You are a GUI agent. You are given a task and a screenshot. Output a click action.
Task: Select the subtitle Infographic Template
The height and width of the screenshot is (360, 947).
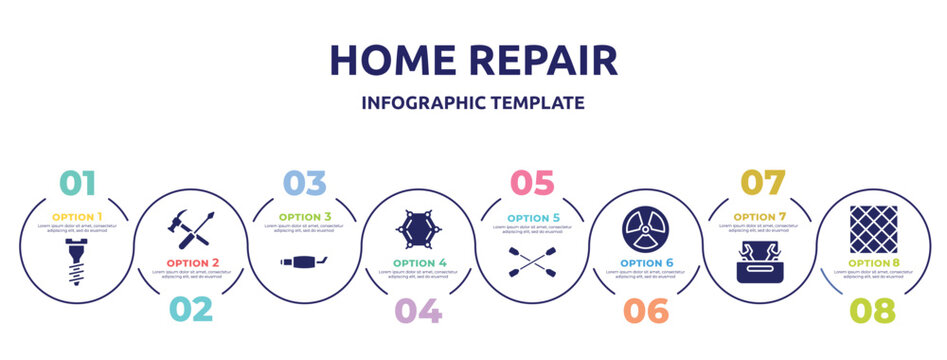point(473,103)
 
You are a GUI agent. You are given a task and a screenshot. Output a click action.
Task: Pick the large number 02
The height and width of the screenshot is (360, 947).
point(189,309)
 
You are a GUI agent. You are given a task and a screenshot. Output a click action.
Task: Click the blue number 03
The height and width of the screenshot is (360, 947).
point(304,183)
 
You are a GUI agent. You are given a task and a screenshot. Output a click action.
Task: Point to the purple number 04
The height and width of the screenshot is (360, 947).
point(418,309)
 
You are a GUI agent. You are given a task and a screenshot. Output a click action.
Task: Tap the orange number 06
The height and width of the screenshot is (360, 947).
point(645,309)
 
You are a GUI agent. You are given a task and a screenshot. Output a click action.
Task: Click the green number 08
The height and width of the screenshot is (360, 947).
point(872,309)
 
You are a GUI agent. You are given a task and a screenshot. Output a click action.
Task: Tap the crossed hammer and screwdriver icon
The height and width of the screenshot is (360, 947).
point(190,229)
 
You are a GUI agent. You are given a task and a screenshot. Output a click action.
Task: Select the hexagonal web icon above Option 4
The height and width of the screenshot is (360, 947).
point(418,229)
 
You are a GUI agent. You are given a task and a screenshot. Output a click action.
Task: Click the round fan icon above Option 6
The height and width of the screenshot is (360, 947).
point(645,229)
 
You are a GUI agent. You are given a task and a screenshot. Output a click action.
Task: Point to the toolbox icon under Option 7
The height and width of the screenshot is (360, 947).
point(759,262)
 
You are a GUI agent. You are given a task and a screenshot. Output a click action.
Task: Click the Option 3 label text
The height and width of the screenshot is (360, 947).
point(304,216)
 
